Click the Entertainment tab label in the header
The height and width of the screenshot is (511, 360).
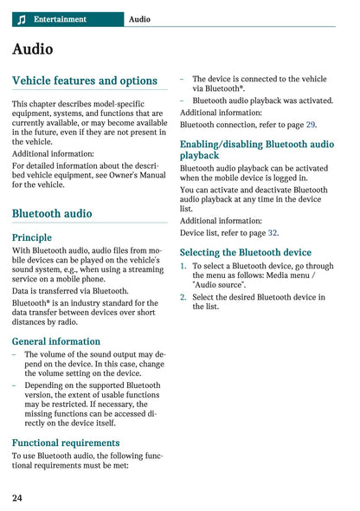(60, 19)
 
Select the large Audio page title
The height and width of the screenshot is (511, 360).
(32, 49)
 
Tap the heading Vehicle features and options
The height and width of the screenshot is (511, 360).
(85, 81)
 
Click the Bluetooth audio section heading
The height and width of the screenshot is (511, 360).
(52, 213)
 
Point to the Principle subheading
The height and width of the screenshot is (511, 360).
(32, 237)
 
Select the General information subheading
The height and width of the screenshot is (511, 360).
(56, 341)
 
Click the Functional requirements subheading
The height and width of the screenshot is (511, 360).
(66, 443)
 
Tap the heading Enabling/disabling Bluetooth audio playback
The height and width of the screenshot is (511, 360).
(256, 149)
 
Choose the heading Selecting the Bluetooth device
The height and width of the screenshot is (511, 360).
(245, 252)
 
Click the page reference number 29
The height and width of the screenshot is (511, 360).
(311, 125)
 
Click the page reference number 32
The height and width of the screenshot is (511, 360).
(273, 233)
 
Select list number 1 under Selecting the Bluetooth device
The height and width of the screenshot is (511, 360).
(183, 267)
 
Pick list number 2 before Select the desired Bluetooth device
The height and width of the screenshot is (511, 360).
(183, 297)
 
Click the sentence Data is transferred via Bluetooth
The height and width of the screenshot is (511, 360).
(70, 291)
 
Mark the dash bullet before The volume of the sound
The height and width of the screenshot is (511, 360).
(14, 355)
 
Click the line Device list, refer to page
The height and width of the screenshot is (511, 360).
(228, 233)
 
